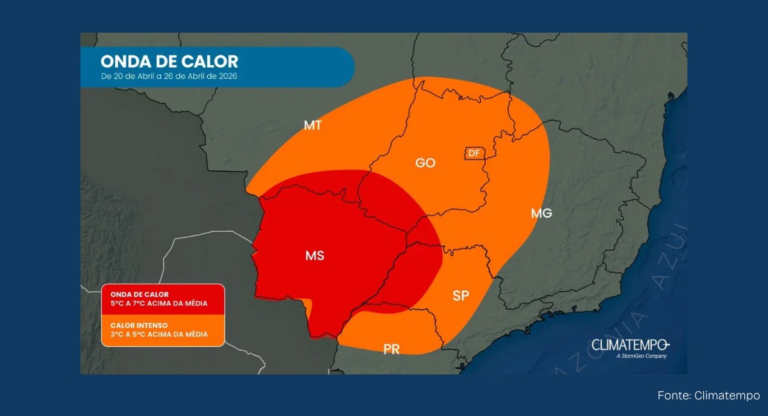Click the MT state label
tap(312, 125)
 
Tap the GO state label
tap(425, 163)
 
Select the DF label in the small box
tap(474, 153)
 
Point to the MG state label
tap(541, 213)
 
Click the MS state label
tap(314, 256)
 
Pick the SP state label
tap(460, 296)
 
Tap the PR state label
tap(392, 349)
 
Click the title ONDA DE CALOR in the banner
tap(169, 61)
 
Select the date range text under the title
tap(172, 77)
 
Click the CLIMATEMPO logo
tap(630, 345)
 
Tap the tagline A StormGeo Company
tap(641, 356)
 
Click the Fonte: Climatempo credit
tap(708, 396)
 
